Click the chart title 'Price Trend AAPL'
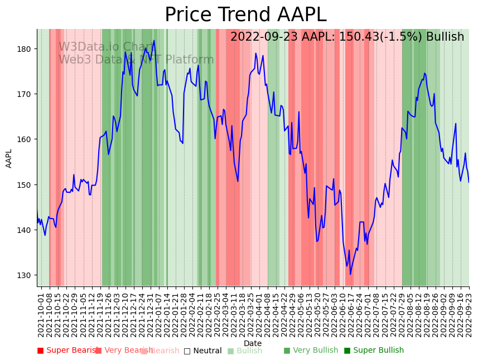(x=245, y=15)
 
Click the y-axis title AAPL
(x=9, y=158)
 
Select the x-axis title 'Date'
(x=253, y=343)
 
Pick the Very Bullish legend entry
(x=311, y=351)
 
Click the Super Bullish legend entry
(x=374, y=351)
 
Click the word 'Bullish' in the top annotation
(x=445, y=37)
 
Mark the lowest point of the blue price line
(x=350, y=274)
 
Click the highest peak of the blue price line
(x=154, y=40)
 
